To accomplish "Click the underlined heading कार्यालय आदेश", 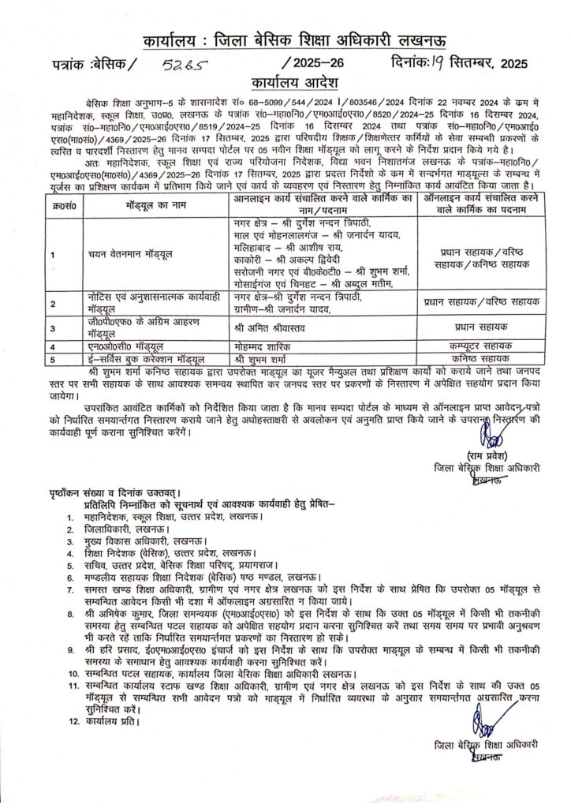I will (285, 80).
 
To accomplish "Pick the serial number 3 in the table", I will (52, 329).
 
